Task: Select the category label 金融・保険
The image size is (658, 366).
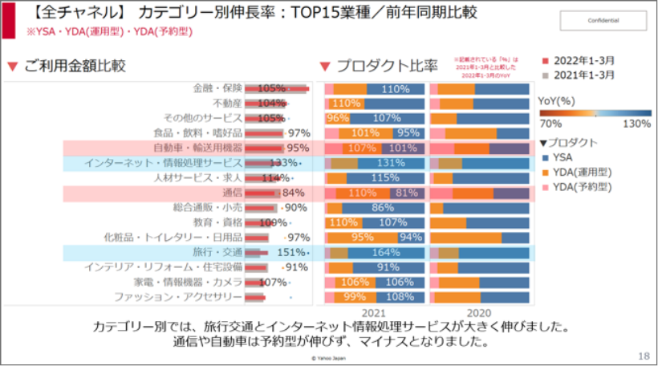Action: [217, 88]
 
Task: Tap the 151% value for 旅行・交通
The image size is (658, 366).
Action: [291, 253]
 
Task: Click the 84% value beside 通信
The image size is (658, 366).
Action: [293, 193]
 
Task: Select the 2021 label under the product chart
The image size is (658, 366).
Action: [375, 313]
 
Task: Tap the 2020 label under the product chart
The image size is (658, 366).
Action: [479, 313]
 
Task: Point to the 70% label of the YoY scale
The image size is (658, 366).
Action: [550, 124]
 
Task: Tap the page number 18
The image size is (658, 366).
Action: [644, 356]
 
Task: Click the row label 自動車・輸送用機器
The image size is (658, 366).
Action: [197, 148]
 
